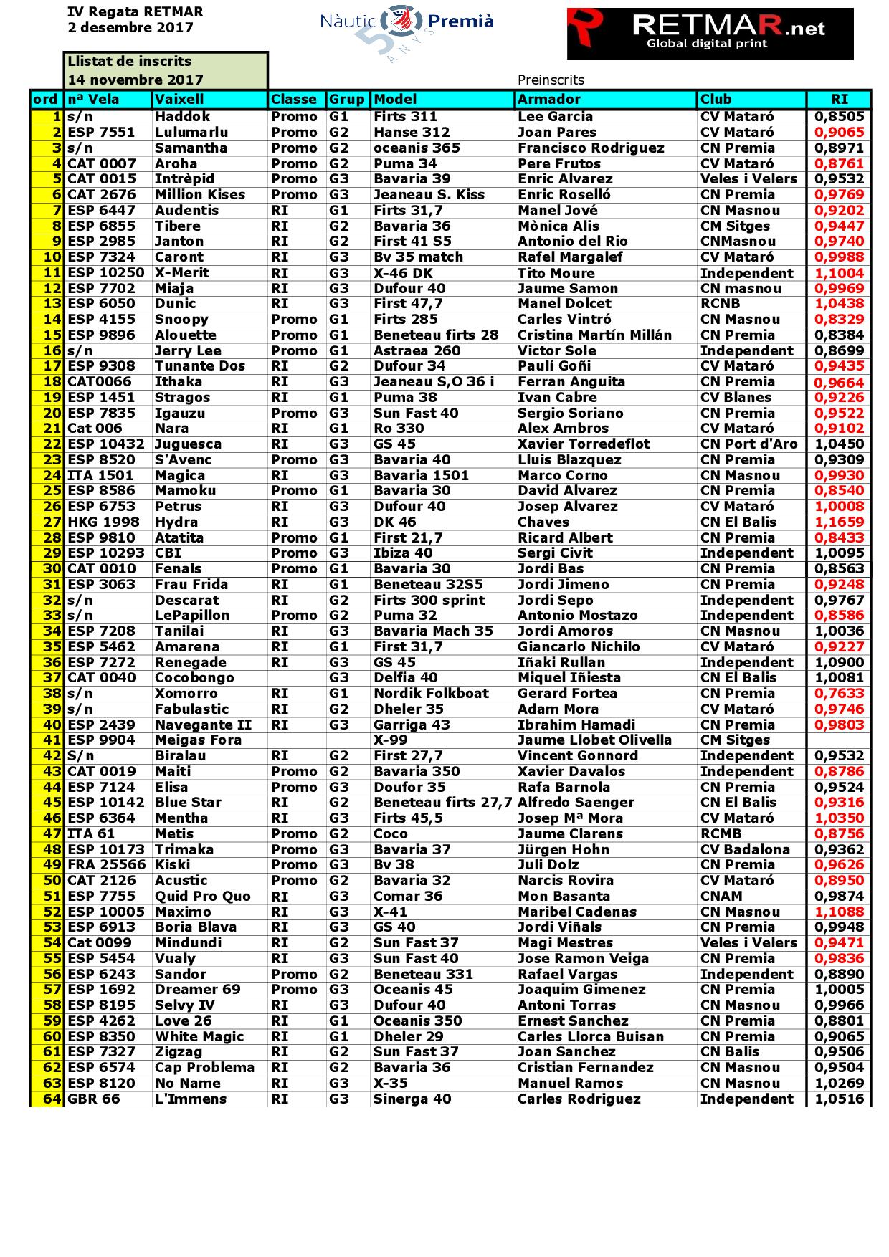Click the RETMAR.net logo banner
point(710,34)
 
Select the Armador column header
point(549,100)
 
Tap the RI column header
point(839,100)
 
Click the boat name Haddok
point(183,116)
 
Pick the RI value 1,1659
point(840,522)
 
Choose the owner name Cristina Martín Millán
point(594,335)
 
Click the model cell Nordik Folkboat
point(431,693)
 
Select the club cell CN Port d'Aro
point(748,444)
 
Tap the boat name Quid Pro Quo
point(203,896)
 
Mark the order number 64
point(52,1099)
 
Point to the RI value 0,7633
point(840,693)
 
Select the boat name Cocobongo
point(194,677)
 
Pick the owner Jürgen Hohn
point(564,849)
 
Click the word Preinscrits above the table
point(551,80)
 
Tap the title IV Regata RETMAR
point(135,12)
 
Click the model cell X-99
point(391,740)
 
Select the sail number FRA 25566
point(106,864)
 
